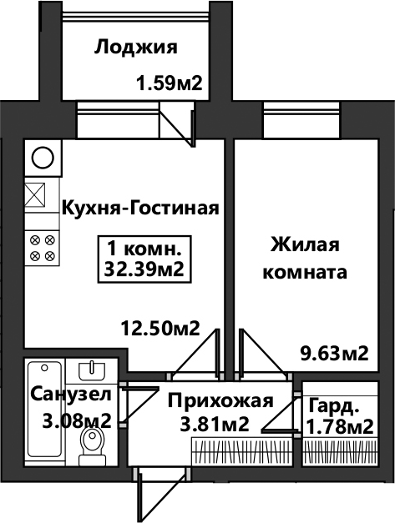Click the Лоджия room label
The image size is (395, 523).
click(x=135, y=48)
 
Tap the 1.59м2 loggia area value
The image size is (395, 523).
click(x=170, y=83)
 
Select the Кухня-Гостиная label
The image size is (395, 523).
click(x=140, y=208)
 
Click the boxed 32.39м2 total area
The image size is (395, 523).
click(x=144, y=269)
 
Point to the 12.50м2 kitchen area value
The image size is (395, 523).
click(x=160, y=328)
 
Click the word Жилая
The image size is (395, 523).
click(x=305, y=244)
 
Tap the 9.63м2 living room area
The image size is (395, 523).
click(x=335, y=354)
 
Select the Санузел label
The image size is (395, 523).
click(x=70, y=395)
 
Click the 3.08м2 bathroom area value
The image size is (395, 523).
click(x=77, y=421)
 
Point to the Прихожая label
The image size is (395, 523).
click(x=220, y=400)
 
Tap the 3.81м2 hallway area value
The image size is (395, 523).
click(x=215, y=425)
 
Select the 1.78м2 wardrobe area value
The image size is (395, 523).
click(x=340, y=427)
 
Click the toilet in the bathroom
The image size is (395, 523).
click(x=92, y=447)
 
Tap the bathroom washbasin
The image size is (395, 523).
click(x=92, y=371)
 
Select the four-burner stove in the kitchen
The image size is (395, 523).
click(x=43, y=248)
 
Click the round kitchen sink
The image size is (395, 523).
click(x=43, y=158)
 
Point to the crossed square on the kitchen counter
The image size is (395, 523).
click(x=35, y=194)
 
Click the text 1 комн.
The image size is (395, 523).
click(x=144, y=249)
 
